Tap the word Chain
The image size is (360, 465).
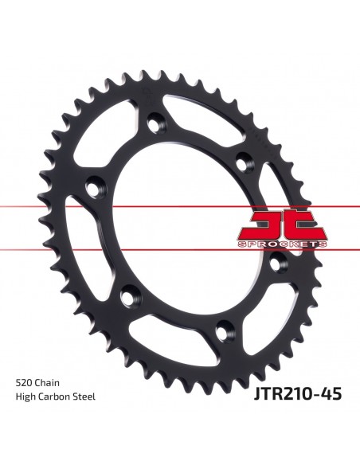pyautogui.click(x=47, y=382)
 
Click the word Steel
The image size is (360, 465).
pyautogui.click(x=84, y=397)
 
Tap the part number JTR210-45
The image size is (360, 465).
pyautogui.click(x=297, y=394)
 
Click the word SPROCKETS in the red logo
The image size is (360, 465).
pyautogui.click(x=282, y=244)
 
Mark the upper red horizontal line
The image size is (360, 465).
pyautogui.click(x=180, y=206)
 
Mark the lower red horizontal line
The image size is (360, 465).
pyautogui.click(x=180, y=250)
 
